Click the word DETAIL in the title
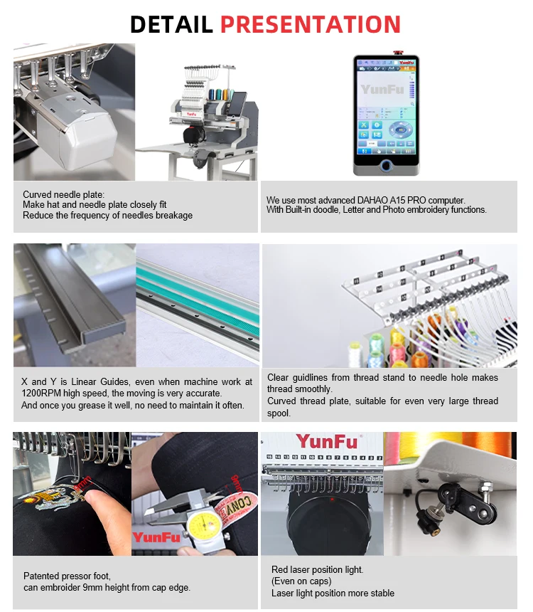(x=171, y=23)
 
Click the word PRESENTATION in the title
(x=311, y=23)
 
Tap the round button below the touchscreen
(x=386, y=165)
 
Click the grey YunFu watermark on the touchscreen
(x=382, y=90)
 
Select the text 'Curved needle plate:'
(x=63, y=194)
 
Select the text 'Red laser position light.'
(x=317, y=569)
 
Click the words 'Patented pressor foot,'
(x=68, y=576)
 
